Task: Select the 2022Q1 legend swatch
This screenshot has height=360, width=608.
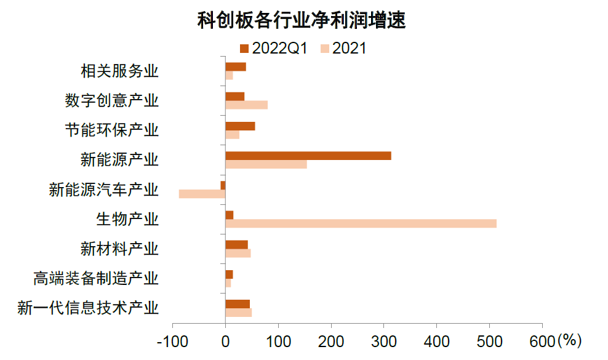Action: (x=244, y=48)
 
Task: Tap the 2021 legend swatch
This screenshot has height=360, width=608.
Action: (x=324, y=48)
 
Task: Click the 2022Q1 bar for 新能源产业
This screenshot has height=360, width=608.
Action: (x=308, y=156)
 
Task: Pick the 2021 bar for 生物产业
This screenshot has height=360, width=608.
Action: (x=361, y=223)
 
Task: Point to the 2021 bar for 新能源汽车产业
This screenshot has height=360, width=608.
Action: (x=202, y=194)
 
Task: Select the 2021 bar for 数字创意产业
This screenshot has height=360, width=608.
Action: (x=246, y=105)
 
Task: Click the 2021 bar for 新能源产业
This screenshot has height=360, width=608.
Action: (x=266, y=164)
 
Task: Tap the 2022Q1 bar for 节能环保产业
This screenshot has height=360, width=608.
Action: (x=240, y=126)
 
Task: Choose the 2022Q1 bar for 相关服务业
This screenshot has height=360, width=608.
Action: (x=236, y=66)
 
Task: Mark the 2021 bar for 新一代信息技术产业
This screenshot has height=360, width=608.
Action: (x=238, y=313)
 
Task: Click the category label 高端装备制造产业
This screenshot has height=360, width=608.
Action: (x=96, y=278)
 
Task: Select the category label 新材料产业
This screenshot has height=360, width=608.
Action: (x=119, y=249)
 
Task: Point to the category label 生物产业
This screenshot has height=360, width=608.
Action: (x=127, y=219)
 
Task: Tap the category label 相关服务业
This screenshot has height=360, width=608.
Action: (x=119, y=71)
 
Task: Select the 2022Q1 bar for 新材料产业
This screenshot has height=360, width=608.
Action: (x=236, y=244)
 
